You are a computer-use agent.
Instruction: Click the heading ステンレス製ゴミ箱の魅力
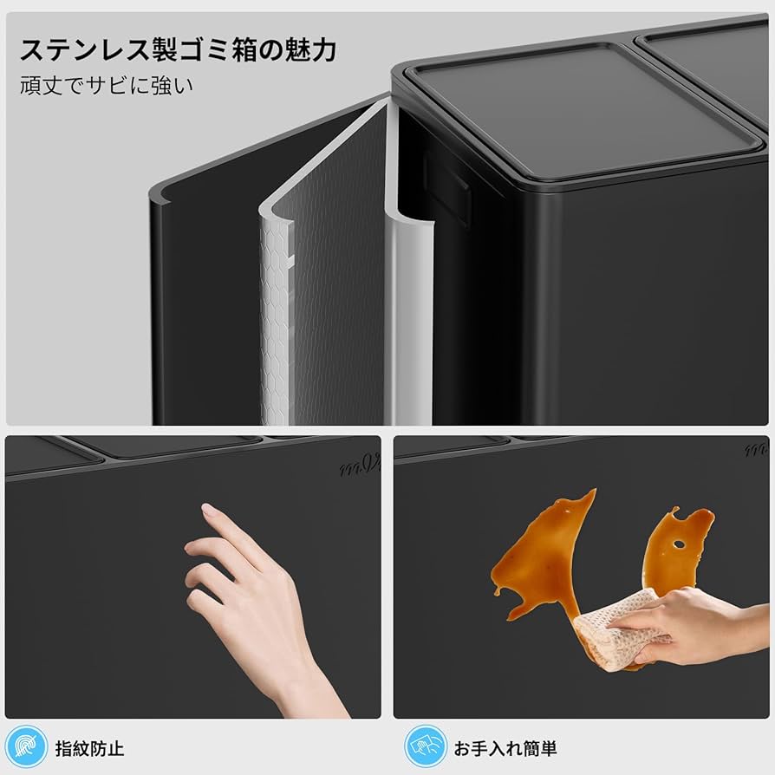177,50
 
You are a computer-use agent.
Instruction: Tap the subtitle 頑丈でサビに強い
107,87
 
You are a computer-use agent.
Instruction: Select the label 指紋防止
89,747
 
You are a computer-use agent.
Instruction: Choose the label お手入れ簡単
505,747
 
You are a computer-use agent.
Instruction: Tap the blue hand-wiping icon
426,746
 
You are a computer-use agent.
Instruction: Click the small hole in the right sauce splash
678,545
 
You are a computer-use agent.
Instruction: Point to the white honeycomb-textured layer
277,329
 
